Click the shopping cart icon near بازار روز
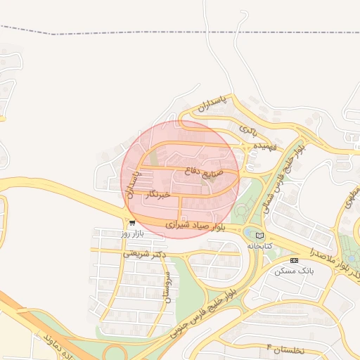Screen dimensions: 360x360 [132, 224]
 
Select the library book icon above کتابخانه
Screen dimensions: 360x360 [260, 236]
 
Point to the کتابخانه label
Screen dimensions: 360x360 [259, 246]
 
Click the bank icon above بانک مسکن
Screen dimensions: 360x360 [294, 260]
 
